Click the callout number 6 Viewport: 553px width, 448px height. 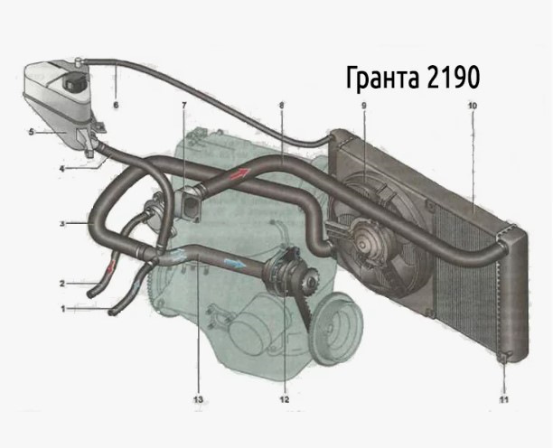coord(116,105)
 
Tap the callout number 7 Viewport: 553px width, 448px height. coord(184,105)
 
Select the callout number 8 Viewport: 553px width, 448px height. coord(281,105)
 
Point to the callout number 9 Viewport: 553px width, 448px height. coord(364,105)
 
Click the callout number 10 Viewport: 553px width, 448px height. coord(473,106)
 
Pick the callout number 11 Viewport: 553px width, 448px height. coord(504,400)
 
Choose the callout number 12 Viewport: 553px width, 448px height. coord(285,399)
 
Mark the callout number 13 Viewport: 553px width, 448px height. coord(198,400)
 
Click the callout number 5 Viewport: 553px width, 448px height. coord(32,132)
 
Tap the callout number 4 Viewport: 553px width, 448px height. coord(62,169)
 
